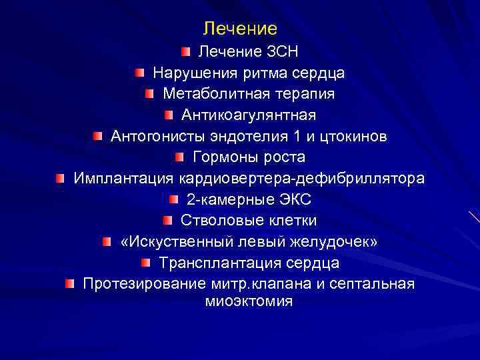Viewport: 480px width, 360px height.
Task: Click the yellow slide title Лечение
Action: (x=240, y=29)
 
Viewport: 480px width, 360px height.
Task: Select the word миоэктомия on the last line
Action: (x=249, y=301)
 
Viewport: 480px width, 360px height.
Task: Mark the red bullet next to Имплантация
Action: (x=61, y=177)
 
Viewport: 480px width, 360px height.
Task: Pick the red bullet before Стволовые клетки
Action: (x=167, y=220)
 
